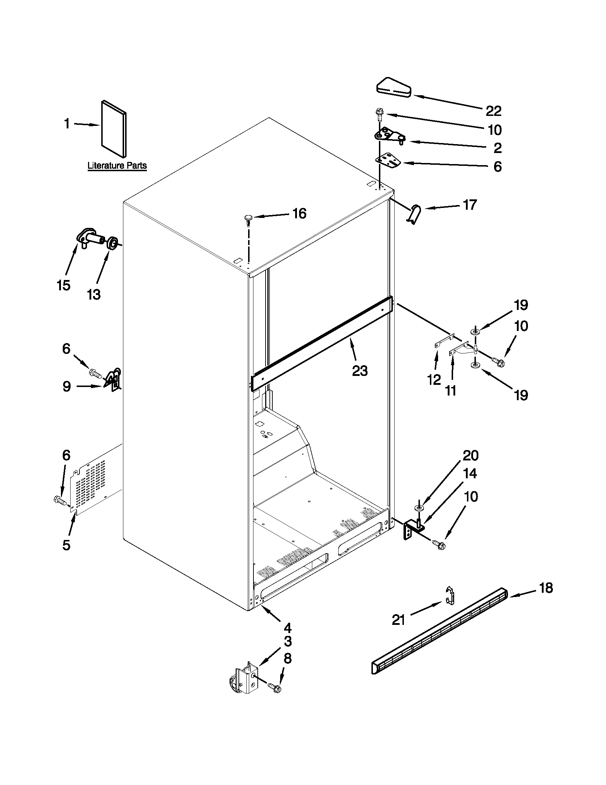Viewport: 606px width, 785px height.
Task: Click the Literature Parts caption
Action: click(x=117, y=166)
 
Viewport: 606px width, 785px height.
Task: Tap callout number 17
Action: click(x=469, y=205)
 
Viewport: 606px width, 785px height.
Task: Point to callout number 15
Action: click(x=63, y=286)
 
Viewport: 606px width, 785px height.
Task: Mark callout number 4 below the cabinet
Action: click(x=287, y=628)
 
